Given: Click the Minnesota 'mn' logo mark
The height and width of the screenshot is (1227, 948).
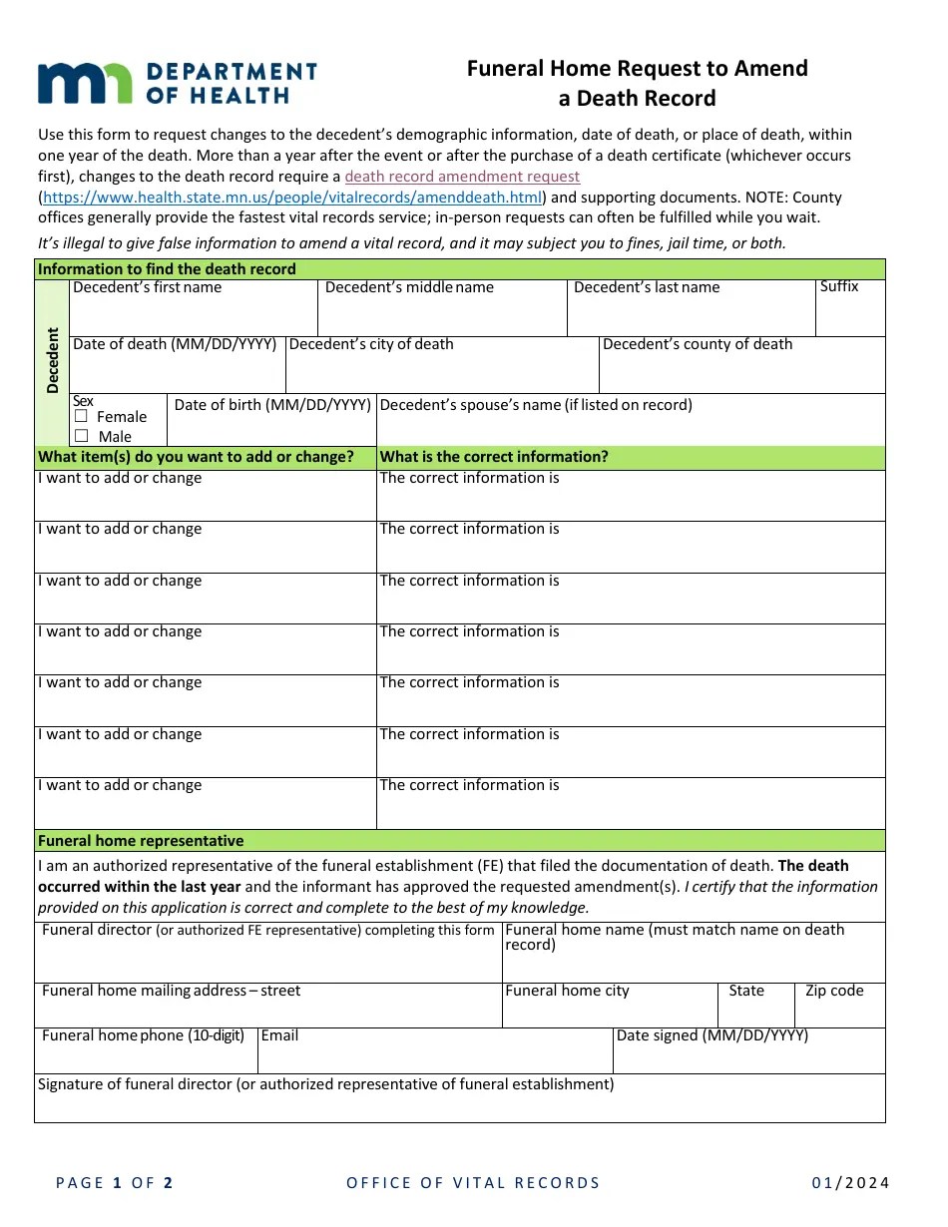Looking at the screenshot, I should click(x=84, y=83).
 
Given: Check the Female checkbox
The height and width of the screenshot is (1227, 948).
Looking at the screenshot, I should click(x=82, y=416).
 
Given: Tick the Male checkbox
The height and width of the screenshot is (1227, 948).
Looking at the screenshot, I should click(x=82, y=436).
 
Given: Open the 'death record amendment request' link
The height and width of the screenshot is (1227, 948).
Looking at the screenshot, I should click(x=462, y=177).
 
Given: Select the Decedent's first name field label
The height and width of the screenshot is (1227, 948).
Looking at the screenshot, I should click(x=148, y=287).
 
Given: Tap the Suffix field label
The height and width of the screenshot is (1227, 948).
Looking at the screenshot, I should click(x=839, y=286).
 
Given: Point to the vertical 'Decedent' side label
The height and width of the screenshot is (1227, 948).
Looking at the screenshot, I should click(x=53, y=360).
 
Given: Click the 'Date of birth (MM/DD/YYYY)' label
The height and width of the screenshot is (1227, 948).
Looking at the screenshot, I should click(x=272, y=404).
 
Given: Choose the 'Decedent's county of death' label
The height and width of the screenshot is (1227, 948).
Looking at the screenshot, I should click(x=698, y=344).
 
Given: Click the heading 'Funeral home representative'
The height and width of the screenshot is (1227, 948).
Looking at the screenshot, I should click(x=141, y=841).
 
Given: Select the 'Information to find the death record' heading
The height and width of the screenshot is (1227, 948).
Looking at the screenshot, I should click(x=167, y=269).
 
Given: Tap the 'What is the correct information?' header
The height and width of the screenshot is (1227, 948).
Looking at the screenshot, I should click(x=494, y=457).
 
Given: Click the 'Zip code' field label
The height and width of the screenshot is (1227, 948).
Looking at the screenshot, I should click(x=834, y=991).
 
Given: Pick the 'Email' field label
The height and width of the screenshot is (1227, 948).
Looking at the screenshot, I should click(x=279, y=1035).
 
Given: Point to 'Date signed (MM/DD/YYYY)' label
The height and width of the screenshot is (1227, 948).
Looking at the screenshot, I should click(x=712, y=1035).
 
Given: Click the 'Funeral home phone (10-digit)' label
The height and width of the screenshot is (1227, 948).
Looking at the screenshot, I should click(x=143, y=1035).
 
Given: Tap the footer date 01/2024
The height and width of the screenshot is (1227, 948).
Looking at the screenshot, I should click(x=850, y=1183).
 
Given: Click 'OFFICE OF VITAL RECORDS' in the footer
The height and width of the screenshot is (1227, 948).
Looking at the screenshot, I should click(x=473, y=1183).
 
